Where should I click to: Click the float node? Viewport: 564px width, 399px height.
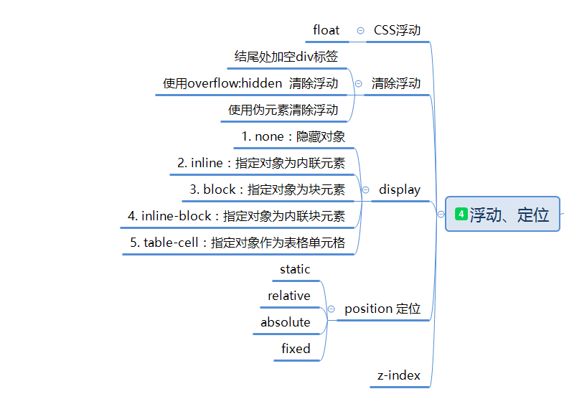pyautogui.click(x=326, y=30)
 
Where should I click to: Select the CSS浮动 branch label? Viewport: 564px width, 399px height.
pyautogui.click(x=397, y=30)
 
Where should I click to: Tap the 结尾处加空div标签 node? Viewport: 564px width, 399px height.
pyautogui.click(x=286, y=56)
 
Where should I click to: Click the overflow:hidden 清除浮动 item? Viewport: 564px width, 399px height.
pyautogui.click(x=250, y=83)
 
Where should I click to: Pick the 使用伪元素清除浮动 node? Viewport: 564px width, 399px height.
pyautogui.click(x=283, y=110)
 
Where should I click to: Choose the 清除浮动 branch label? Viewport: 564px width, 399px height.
pyautogui.click(x=396, y=83)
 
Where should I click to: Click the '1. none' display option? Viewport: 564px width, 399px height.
pyautogui.click(x=293, y=136)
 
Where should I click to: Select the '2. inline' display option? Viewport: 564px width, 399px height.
pyautogui.click(x=261, y=163)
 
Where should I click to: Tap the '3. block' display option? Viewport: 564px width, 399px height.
pyautogui.click(x=267, y=189)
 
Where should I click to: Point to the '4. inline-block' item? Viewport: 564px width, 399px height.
pyautogui.click(x=236, y=216)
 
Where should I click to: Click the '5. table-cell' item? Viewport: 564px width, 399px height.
pyautogui.click(x=238, y=243)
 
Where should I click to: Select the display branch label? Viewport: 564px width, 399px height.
pyautogui.click(x=400, y=189)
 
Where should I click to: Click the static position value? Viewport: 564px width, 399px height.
pyautogui.click(x=295, y=269)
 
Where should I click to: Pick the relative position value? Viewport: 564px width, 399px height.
pyautogui.click(x=289, y=296)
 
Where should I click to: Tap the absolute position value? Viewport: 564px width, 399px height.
pyautogui.click(x=286, y=322)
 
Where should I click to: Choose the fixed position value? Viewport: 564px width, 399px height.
pyautogui.click(x=296, y=349)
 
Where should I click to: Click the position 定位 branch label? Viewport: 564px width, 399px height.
pyautogui.click(x=382, y=309)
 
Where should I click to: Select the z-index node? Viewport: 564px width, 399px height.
pyautogui.click(x=399, y=375)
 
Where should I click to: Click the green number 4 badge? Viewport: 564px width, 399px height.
pyautogui.click(x=461, y=214)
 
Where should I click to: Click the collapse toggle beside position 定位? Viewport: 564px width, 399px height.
pyautogui.click(x=331, y=309)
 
